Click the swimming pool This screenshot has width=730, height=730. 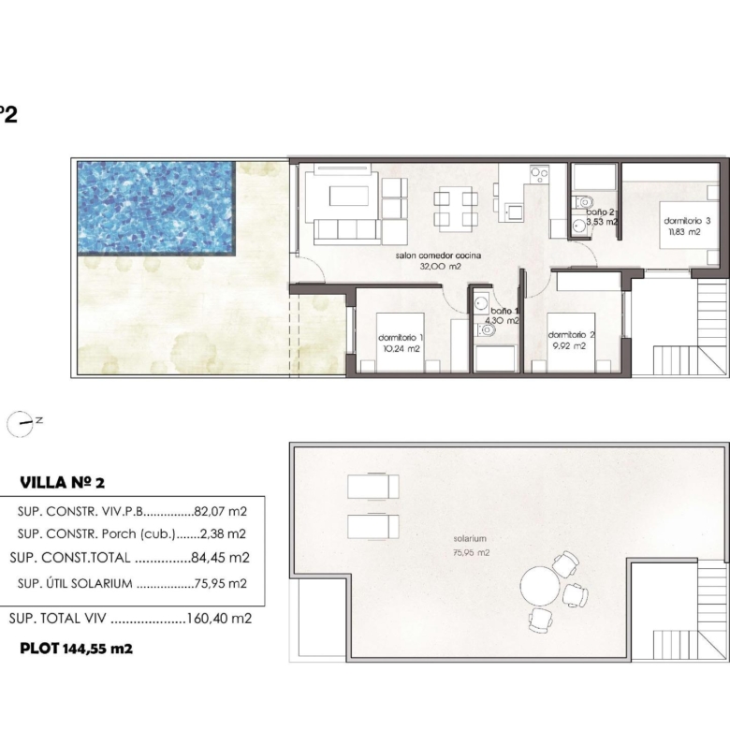tap(155, 208)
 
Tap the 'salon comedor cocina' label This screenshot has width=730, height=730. tap(438, 255)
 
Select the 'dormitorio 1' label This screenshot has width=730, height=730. tap(401, 338)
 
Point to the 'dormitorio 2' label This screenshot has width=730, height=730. tap(571, 335)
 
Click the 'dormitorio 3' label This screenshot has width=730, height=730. tap(687, 221)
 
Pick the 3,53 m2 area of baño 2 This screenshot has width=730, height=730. tap(602, 222)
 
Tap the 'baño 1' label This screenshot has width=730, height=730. tap(504, 311)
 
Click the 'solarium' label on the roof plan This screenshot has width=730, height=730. tap(470, 539)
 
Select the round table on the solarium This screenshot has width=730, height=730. tap(540, 586)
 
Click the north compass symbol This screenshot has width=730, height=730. tap(21, 424)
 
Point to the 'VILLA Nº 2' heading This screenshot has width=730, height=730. tap(63, 483)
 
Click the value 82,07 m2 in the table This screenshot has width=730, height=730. tap(220, 511)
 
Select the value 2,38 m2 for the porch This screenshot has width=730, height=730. tap(223, 533)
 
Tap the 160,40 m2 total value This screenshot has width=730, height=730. tap(219, 619)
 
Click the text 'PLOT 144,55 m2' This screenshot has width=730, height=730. tap(77, 648)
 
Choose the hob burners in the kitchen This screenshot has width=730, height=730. tap(540, 174)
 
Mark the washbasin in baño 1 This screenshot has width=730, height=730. tap(480, 304)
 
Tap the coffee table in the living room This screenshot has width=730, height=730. tap(349, 196)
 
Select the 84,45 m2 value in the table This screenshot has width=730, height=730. tap(220, 557)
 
